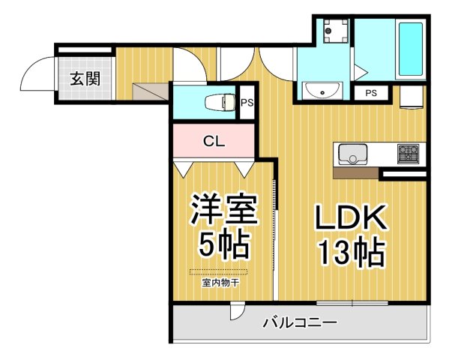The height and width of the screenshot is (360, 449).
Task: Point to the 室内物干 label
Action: click(219, 283)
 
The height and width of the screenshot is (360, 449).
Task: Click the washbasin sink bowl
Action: click(323, 91)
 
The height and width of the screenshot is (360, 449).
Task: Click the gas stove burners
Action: click(409, 154)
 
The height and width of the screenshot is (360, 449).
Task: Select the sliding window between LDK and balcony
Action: click(352, 303)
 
